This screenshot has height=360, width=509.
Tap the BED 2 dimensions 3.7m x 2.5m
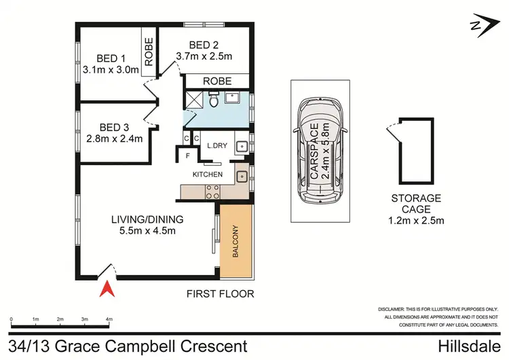pyautogui.click(x=204, y=56)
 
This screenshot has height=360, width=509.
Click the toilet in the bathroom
pyautogui.click(x=214, y=101)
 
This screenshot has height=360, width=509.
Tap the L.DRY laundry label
pyautogui.click(x=216, y=145)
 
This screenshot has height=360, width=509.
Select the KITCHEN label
pyautogui.click(x=208, y=175)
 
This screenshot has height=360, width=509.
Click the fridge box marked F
pyautogui.click(x=188, y=156)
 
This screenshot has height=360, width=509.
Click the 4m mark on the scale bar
pyautogui.click(x=109, y=318)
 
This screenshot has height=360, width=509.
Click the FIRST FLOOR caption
pyautogui.click(x=221, y=294)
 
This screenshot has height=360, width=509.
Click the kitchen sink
pyautogui.click(x=241, y=176)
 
